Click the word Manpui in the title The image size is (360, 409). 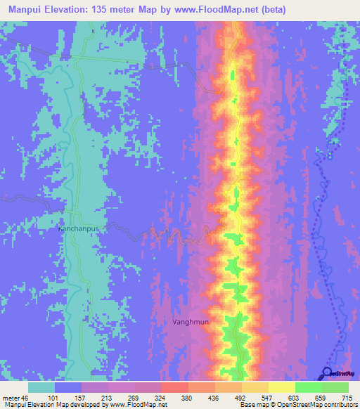(27, 10)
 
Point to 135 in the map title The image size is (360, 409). (106, 10)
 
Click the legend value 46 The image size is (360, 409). (28, 398)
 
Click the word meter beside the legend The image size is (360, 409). (13, 398)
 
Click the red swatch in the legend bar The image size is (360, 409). (174, 387)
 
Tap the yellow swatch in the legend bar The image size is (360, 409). (281, 387)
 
